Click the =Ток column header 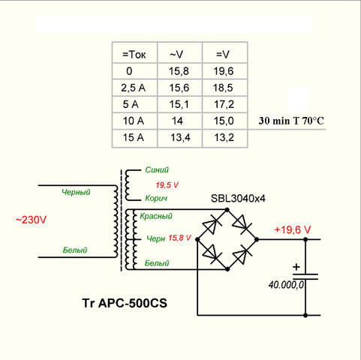[x=134, y=54]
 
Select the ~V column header [x=176, y=54]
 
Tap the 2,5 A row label [x=133, y=88]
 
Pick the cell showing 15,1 [x=179, y=104]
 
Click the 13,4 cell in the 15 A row [x=180, y=137]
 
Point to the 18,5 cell [x=223, y=88]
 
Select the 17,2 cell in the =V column [x=224, y=104]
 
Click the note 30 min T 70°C [x=291, y=121]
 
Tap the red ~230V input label [x=31, y=220]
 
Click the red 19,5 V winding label [x=167, y=185]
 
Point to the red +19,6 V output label [x=292, y=229]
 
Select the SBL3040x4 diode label [x=238, y=199]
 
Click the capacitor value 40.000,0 [x=286, y=285]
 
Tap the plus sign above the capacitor [x=296, y=267]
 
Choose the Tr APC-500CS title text [x=125, y=303]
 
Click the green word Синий [x=157, y=170]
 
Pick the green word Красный [x=156, y=216]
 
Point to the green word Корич [x=156, y=199]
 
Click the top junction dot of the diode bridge [x=227, y=209]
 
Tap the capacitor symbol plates [x=305, y=276]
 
